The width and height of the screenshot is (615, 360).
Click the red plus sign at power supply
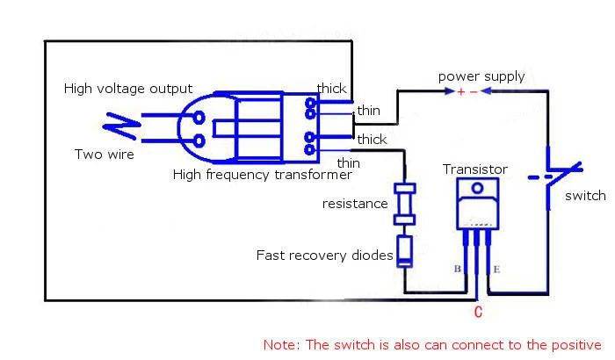click(461, 92)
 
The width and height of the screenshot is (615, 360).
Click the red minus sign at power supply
click(474, 92)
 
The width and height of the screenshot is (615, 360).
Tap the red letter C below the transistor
click(478, 313)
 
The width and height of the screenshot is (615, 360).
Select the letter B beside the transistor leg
click(458, 269)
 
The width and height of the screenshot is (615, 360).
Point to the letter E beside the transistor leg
click(496, 270)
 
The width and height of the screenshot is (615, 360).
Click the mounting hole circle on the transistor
click(477, 188)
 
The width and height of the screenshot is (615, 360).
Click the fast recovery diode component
click(405, 251)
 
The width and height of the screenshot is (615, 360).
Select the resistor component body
click(405, 204)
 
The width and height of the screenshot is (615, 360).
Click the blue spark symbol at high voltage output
click(121, 126)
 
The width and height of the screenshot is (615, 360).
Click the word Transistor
click(475, 169)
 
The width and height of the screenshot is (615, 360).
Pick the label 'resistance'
click(355, 204)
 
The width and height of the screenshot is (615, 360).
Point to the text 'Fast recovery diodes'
click(324, 256)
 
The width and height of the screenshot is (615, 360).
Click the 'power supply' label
click(481, 76)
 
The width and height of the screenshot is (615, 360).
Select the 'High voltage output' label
click(128, 89)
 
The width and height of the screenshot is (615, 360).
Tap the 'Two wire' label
click(105, 155)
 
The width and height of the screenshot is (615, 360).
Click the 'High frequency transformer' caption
click(263, 175)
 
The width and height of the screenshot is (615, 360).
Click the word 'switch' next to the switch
click(585, 196)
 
